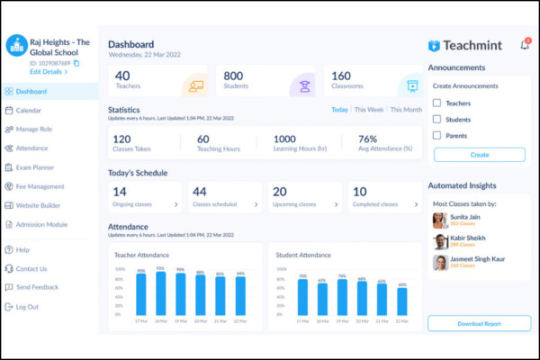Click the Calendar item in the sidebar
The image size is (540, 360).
click(x=29, y=111)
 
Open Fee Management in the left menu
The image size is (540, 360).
click(x=40, y=186)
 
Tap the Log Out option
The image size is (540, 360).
click(x=27, y=307)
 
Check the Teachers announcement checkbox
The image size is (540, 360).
click(x=437, y=103)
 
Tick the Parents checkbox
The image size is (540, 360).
click(x=437, y=135)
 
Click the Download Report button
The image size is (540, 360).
click(x=479, y=323)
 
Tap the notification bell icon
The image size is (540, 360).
click(x=525, y=45)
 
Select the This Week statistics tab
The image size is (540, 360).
click(x=369, y=110)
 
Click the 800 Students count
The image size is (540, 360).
click(x=234, y=76)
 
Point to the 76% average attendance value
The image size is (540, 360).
click(x=368, y=139)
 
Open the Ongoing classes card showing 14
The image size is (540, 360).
click(x=144, y=196)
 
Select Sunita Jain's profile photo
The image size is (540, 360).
click(x=439, y=220)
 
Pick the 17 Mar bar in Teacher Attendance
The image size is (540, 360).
click(x=141, y=294)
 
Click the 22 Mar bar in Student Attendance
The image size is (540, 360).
click(x=401, y=301)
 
